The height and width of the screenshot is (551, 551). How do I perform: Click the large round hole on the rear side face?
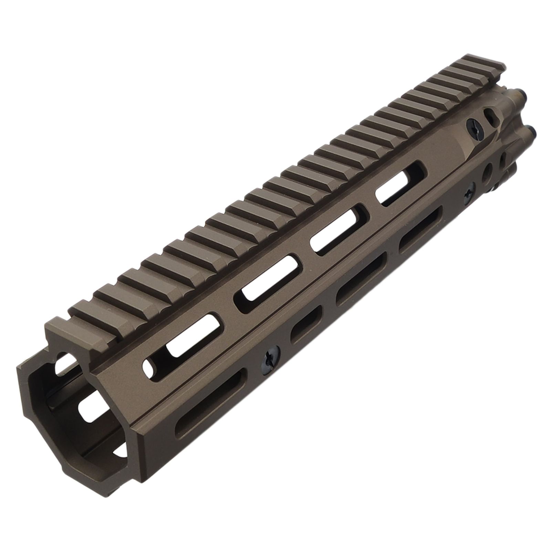[x=488, y=171]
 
